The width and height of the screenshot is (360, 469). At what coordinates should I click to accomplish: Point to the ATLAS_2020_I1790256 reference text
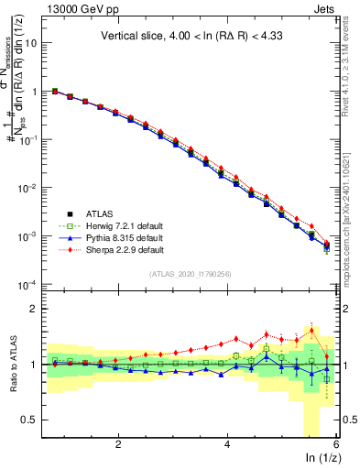pos(191,274)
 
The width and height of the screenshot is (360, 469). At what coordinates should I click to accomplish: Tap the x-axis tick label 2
pos(118,444)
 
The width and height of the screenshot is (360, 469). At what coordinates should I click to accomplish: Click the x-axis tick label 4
pos(227,444)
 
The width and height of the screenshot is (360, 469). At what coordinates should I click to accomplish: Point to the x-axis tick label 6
pos(336,444)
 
